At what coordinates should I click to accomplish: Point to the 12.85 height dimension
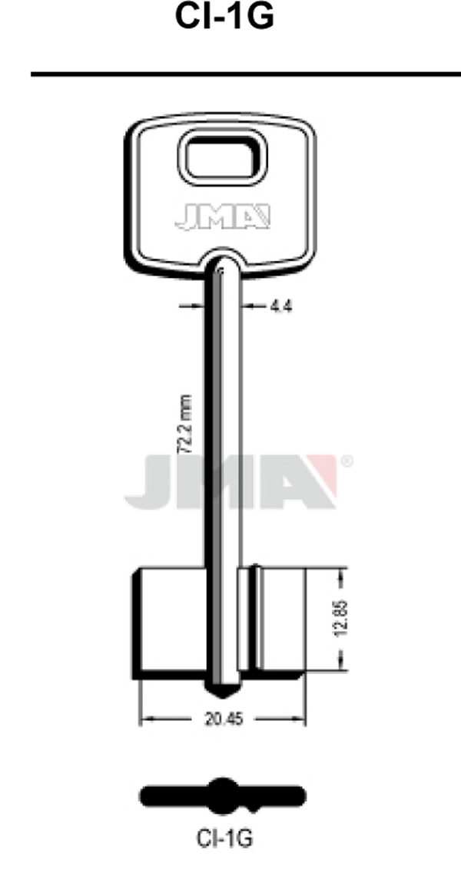point(343,617)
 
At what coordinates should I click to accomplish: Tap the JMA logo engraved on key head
point(223,217)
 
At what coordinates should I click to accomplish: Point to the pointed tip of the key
point(222,694)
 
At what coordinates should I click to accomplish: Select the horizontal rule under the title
point(246,74)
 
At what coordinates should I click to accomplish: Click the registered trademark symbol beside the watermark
point(347,461)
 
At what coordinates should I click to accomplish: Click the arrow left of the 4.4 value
point(192,306)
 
